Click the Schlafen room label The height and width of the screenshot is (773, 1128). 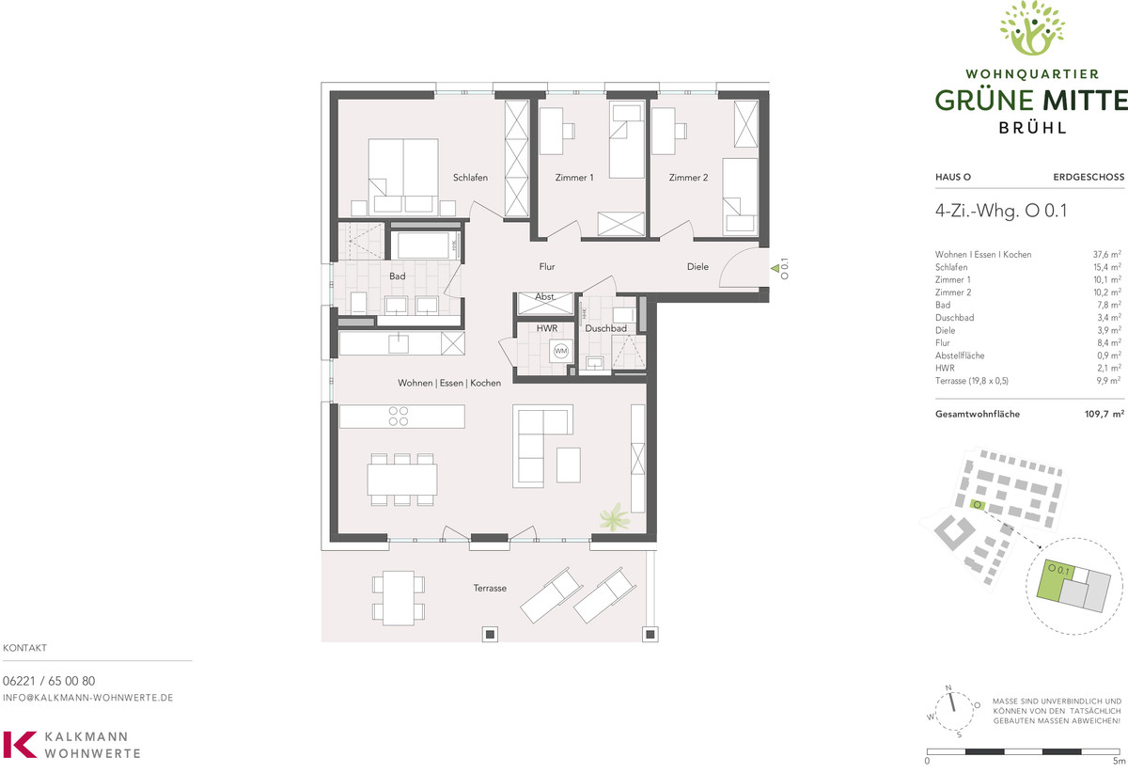point(470,178)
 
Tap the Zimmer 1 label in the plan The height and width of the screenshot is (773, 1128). point(574,178)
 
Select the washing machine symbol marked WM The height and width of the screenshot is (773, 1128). point(560,351)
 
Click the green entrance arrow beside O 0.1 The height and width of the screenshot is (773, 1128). point(775,269)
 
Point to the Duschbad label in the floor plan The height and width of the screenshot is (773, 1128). point(605,328)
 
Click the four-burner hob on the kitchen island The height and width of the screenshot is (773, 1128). point(399,417)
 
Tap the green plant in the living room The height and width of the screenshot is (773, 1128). point(614,517)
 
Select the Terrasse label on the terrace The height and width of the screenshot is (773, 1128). point(490,588)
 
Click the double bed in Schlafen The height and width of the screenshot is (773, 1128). point(403,177)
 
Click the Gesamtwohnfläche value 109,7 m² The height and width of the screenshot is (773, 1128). point(1104,414)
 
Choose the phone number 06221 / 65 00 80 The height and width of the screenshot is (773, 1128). point(49,681)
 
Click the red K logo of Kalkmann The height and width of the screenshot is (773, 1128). point(20,745)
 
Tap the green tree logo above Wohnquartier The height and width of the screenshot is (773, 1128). point(1032,27)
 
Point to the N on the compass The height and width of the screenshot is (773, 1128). point(948,687)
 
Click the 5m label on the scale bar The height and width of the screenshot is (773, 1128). point(1119,761)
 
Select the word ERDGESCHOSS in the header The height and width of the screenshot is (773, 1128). point(1089,177)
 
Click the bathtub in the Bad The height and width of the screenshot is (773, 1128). point(423,245)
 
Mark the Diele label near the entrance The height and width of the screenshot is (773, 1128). point(697,266)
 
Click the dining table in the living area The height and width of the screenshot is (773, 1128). point(402,480)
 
